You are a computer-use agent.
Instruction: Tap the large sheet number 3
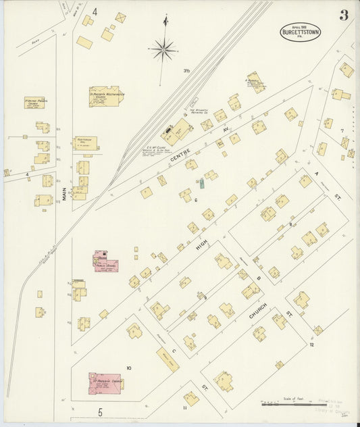344,16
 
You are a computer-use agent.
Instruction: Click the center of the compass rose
163,49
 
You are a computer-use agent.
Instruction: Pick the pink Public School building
105,261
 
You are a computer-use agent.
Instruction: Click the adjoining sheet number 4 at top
95,11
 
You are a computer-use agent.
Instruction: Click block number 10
128,368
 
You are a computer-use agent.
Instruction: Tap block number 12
311,345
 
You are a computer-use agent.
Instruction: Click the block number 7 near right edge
342,130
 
